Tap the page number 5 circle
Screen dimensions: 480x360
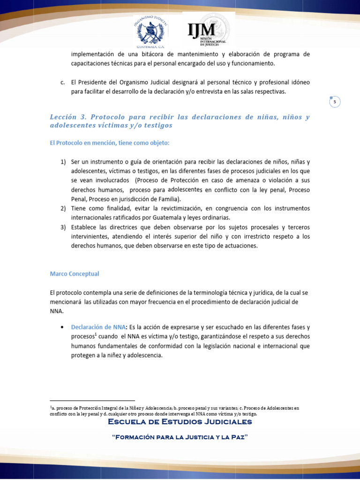point(335,102)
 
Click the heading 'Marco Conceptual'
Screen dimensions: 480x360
point(75,274)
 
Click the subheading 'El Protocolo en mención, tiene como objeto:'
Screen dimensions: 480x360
point(110,142)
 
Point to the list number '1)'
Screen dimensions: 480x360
point(63,162)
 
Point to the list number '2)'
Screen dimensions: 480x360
point(63,208)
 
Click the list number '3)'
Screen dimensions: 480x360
point(63,227)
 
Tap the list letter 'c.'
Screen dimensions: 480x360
point(63,82)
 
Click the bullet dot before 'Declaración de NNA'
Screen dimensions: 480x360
point(63,327)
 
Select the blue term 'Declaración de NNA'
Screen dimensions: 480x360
point(97,327)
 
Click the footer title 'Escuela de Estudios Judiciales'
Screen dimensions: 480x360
point(180,422)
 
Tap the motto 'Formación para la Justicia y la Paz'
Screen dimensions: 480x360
point(180,437)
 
